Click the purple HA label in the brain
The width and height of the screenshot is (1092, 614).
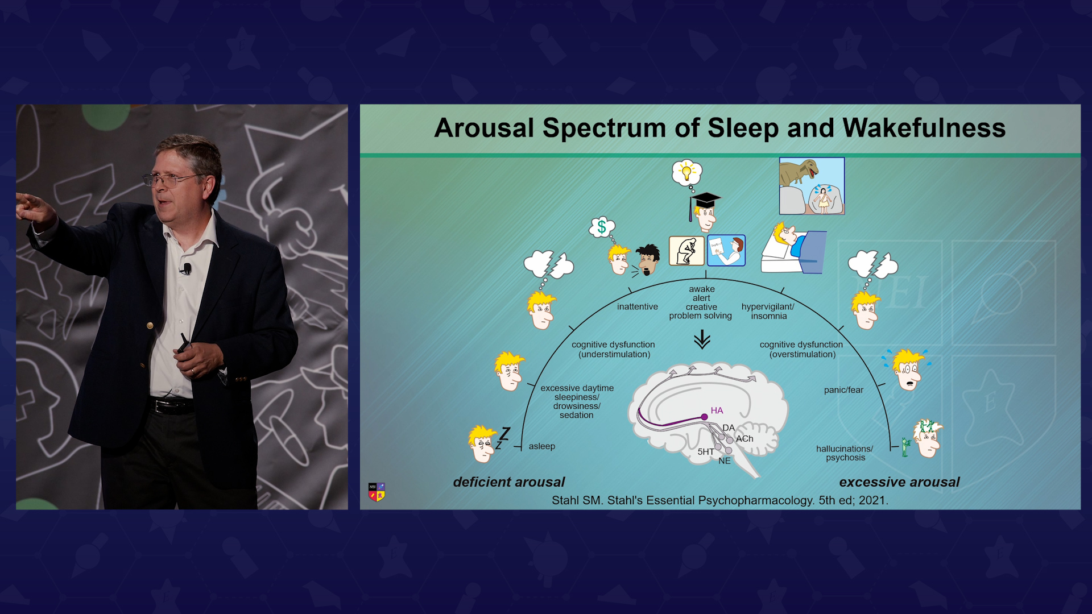[717, 410]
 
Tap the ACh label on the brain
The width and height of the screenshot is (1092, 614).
[744, 439]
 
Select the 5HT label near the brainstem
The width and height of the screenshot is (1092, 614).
[706, 452]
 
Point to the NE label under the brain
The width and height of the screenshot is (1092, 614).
[725, 461]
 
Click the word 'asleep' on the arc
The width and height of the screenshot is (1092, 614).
[542, 446]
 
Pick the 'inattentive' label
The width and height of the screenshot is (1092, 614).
[638, 307]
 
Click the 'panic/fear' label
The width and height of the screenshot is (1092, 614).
[843, 390]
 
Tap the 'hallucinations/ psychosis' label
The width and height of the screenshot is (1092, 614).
[845, 453]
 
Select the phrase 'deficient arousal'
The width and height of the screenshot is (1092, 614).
[509, 482]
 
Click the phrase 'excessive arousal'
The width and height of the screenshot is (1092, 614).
[899, 482]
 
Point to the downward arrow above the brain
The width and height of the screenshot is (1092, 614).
[702, 340]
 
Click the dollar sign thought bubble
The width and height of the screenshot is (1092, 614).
[602, 227]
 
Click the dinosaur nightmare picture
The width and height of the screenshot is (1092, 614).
[812, 186]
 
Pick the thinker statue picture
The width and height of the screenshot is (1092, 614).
[686, 251]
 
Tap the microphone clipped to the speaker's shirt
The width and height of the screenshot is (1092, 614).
[186, 268]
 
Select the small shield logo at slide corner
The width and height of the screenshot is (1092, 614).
[377, 492]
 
